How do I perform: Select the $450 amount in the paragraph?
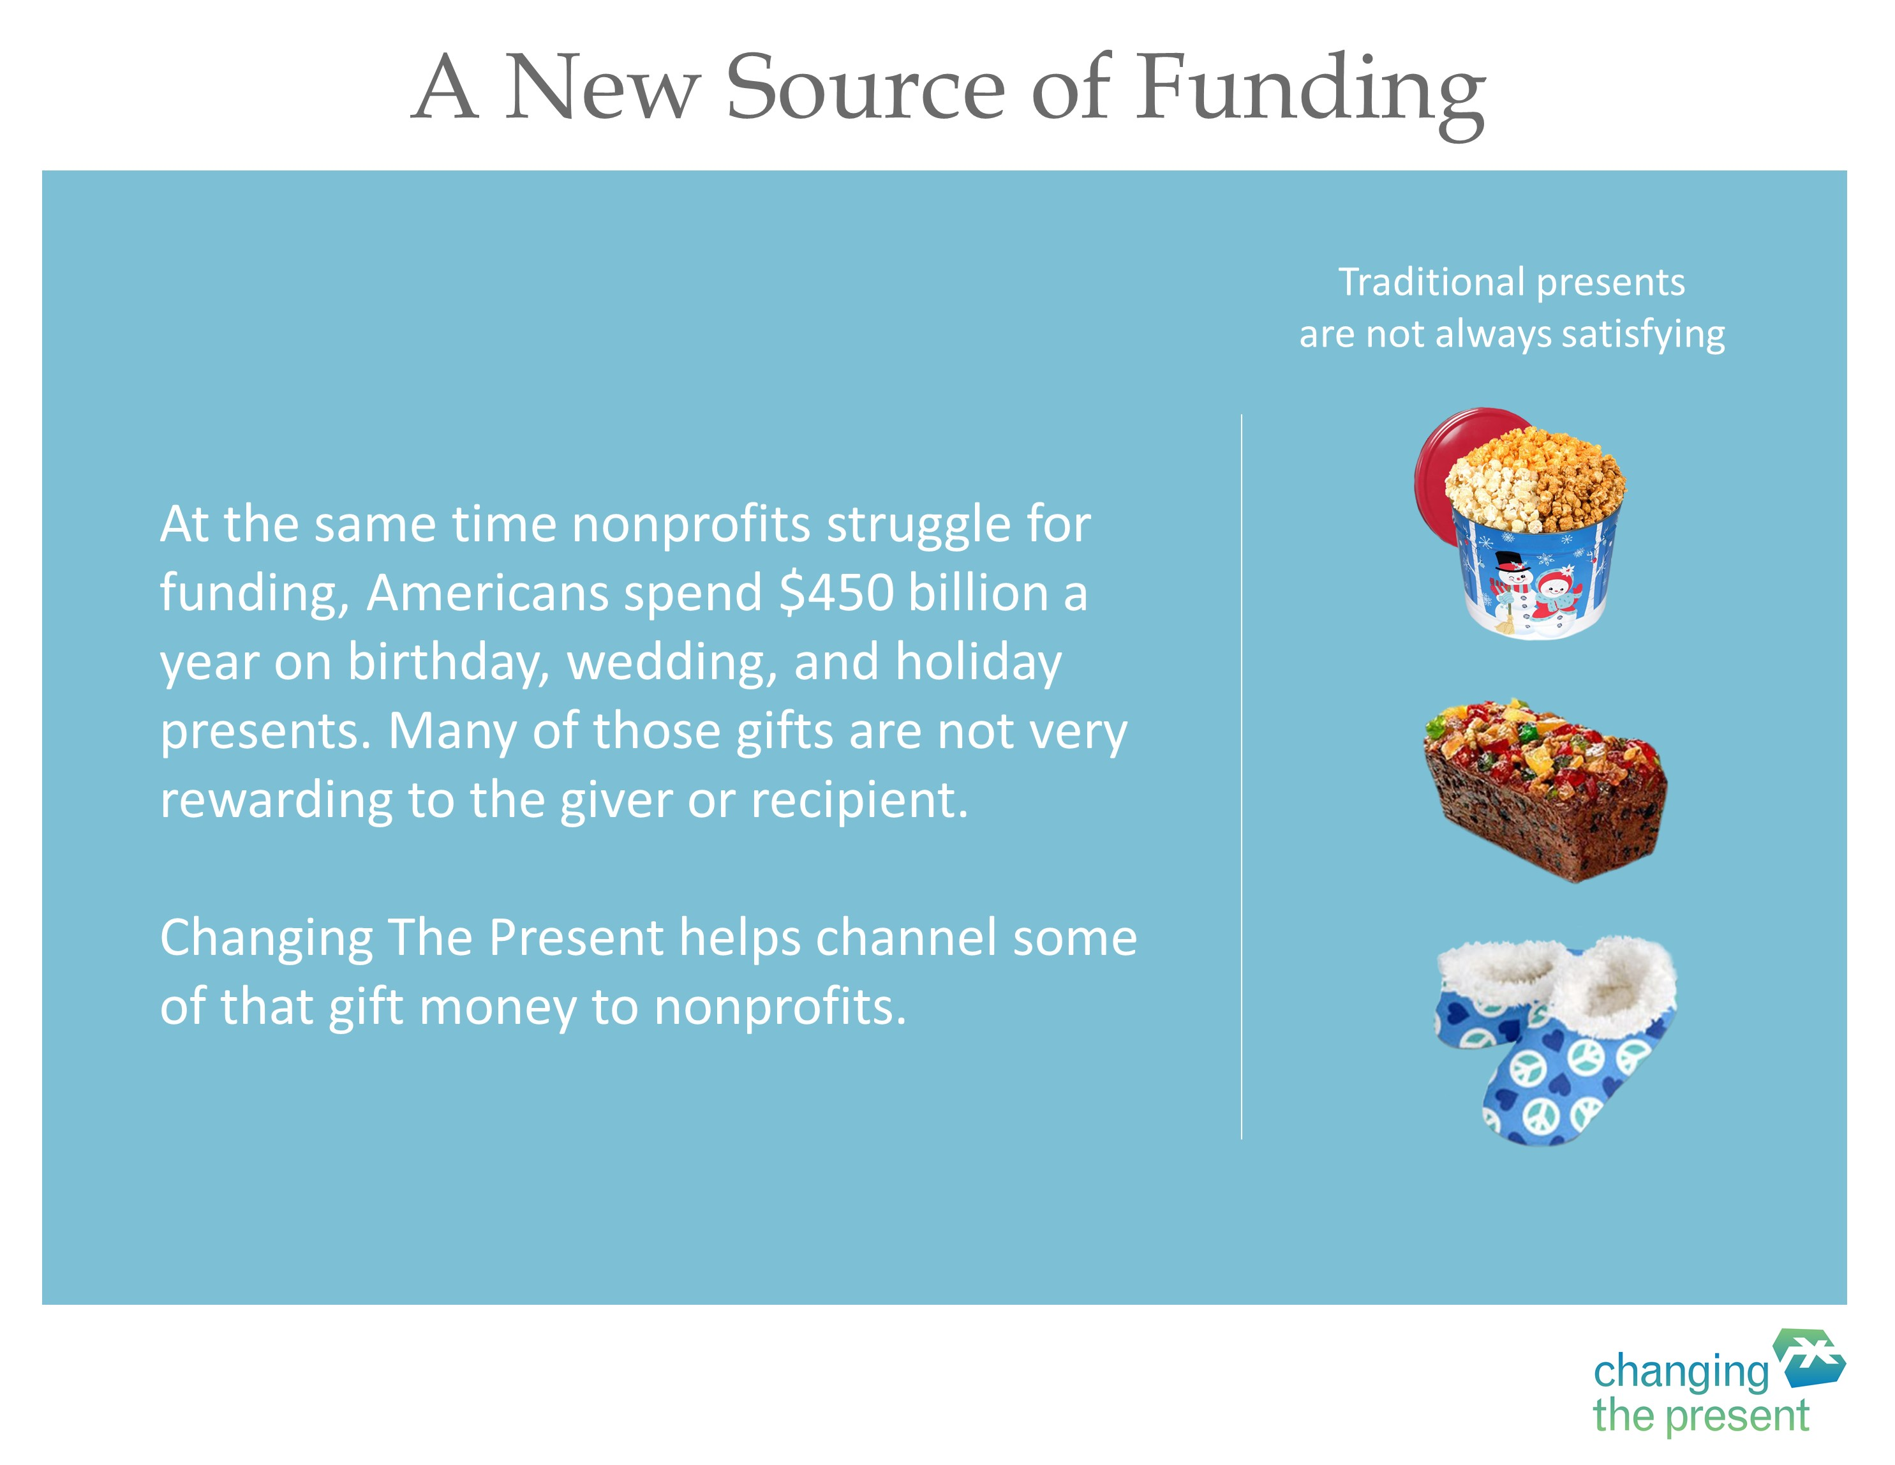pyautogui.click(x=837, y=594)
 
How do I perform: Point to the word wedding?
pyautogui.click(x=672, y=664)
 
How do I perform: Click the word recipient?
pyautogui.click(x=858, y=801)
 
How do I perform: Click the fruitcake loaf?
pyautogui.click(x=1545, y=789)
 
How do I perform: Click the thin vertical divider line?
pyautogui.click(x=1242, y=776)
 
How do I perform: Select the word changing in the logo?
pyautogui.click(x=1681, y=1373)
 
